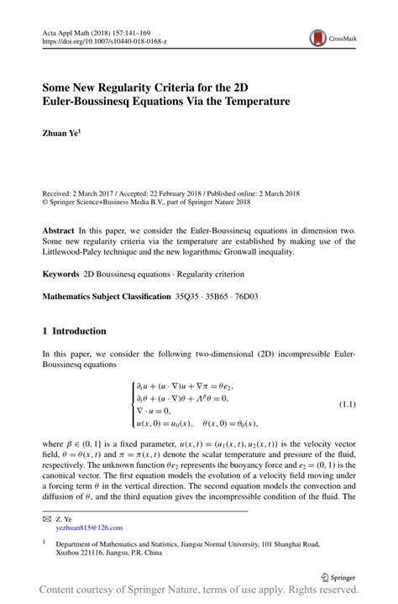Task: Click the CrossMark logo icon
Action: point(318,38)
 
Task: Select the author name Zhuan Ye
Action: point(61,133)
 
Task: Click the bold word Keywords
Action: point(61,274)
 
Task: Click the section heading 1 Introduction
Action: point(75,331)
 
